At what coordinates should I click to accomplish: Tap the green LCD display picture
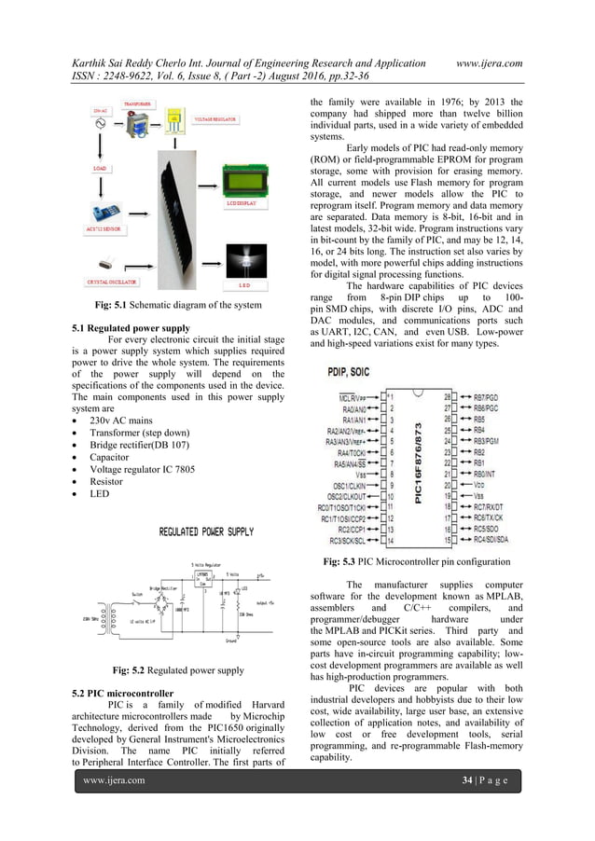tap(246, 178)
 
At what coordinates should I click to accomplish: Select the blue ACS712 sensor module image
tap(106, 212)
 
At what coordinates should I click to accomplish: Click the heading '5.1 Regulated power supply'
tap(131, 328)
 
